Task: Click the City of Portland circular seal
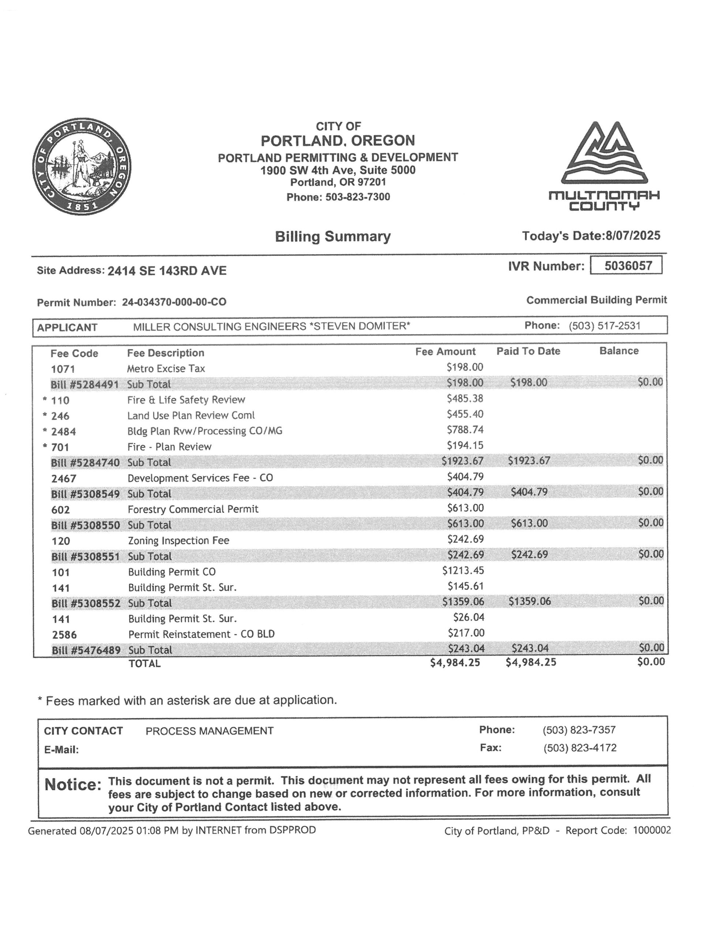(x=82, y=167)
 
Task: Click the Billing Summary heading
(x=333, y=236)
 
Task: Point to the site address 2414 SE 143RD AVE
(x=167, y=271)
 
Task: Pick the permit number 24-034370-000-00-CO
(x=174, y=302)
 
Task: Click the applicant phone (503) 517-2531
(x=604, y=326)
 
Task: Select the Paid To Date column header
(x=528, y=351)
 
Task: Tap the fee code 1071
(x=63, y=369)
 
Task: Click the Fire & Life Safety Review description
(x=186, y=400)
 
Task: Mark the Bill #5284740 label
(x=85, y=463)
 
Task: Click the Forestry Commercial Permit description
(x=193, y=509)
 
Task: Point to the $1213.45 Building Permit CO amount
(x=463, y=571)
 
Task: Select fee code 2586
(x=64, y=635)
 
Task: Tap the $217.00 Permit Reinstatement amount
(x=466, y=633)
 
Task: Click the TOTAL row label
(x=144, y=663)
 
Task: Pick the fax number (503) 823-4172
(x=579, y=748)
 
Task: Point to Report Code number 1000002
(x=652, y=830)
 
